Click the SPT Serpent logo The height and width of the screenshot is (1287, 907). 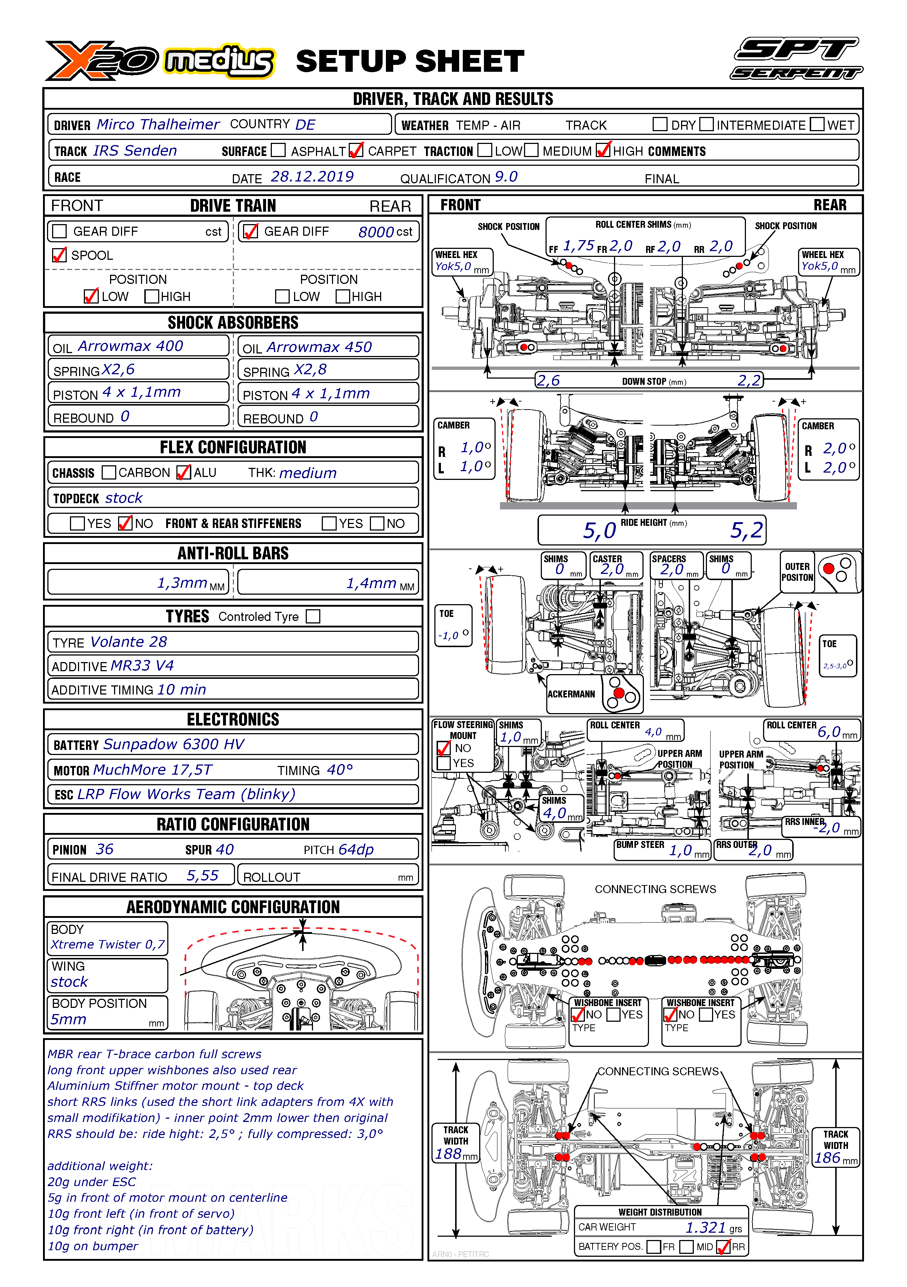point(796,58)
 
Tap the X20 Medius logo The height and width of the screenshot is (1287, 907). point(160,60)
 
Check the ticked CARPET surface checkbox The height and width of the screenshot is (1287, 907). point(356,150)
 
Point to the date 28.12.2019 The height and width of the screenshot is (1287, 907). point(312,177)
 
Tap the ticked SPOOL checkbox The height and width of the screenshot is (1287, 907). point(59,255)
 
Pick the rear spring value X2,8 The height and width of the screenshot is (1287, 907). point(310,369)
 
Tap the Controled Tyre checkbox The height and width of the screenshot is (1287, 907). point(313,616)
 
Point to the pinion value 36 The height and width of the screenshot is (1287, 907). point(104,849)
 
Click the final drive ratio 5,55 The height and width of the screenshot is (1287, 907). point(202,875)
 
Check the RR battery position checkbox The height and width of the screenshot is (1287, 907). point(724,1247)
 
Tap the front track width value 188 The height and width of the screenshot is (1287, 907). point(449,1154)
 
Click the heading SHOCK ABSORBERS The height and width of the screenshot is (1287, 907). point(233,322)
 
